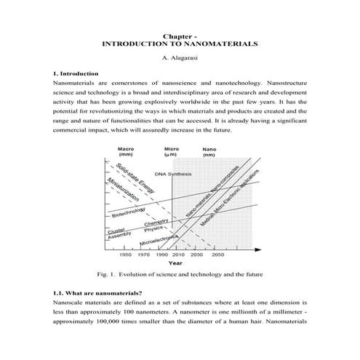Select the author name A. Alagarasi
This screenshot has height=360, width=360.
(x=180, y=59)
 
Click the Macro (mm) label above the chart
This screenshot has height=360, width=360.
(x=125, y=152)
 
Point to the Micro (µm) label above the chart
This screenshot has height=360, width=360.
(x=171, y=152)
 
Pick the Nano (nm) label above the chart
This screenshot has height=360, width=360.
(x=209, y=152)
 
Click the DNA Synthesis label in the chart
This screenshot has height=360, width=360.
(x=174, y=175)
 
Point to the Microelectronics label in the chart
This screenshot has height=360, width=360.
(x=159, y=240)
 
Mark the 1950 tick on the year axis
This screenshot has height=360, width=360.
(x=125, y=255)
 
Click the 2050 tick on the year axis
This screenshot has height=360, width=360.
(x=217, y=255)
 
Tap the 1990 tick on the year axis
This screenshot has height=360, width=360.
(x=161, y=255)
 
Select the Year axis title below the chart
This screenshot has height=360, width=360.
(x=175, y=263)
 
